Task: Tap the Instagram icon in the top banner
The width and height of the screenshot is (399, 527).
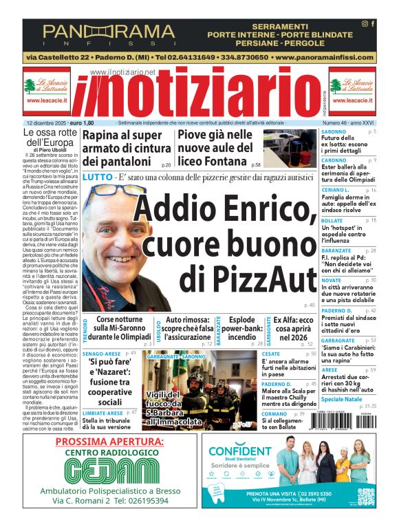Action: click(x=365, y=24)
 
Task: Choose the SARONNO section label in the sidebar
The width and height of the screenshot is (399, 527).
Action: click(x=334, y=131)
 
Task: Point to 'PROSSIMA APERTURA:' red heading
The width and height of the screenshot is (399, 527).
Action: click(x=110, y=441)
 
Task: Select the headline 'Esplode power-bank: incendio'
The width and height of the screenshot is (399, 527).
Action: click(x=241, y=328)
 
